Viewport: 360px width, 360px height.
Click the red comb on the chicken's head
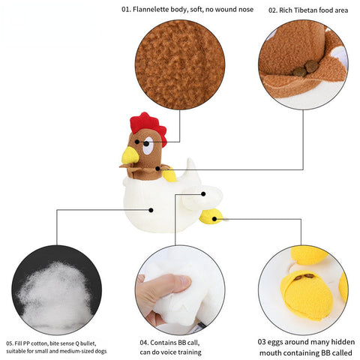click(148, 126)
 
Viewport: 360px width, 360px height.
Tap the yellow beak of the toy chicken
click(130, 155)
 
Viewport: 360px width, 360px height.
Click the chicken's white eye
click(148, 145)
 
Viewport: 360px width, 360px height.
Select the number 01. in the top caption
click(126, 10)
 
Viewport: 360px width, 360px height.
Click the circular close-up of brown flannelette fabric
click(180, 64)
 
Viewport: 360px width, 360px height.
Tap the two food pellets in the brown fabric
click(305, 69)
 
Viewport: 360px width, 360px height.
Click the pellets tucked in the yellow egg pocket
click(304, 277)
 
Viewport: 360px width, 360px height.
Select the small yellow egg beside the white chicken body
click(211, 217)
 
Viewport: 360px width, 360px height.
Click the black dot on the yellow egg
click(214, 219)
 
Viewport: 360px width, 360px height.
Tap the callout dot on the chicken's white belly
click(151, 210)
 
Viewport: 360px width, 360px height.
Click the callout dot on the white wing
click(203, 194)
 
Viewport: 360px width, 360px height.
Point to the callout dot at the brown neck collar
click(157, 169)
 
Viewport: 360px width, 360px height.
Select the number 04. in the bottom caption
click(144, 343)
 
